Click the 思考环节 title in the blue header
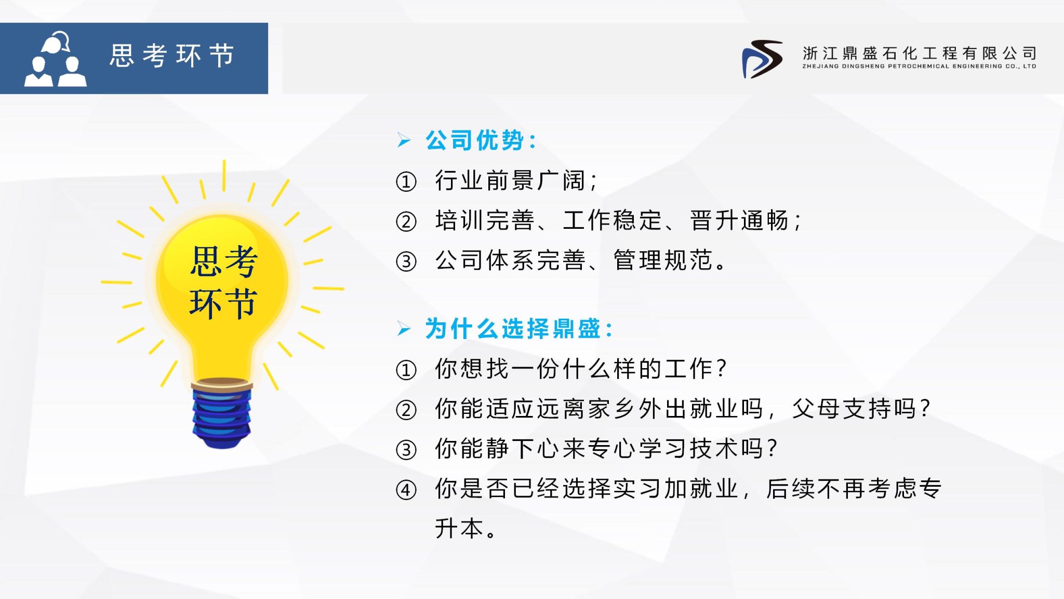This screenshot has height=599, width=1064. click(172, 55)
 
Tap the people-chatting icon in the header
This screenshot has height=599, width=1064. click(55, 59)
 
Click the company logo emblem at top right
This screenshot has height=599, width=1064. click(762, 59)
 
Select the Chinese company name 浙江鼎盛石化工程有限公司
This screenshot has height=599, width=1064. click(920, 53)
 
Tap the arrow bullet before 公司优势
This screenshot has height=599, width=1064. click(404, 140)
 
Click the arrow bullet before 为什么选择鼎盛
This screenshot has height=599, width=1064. click(404, 329)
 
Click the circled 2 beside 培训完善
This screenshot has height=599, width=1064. click(406, 222)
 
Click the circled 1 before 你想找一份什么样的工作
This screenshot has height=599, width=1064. click(406, 370)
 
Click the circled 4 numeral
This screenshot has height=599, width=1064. click(406, 490)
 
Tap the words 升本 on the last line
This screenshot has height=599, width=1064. click(460, 528)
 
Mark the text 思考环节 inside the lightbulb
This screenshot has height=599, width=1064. click(223, 282)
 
